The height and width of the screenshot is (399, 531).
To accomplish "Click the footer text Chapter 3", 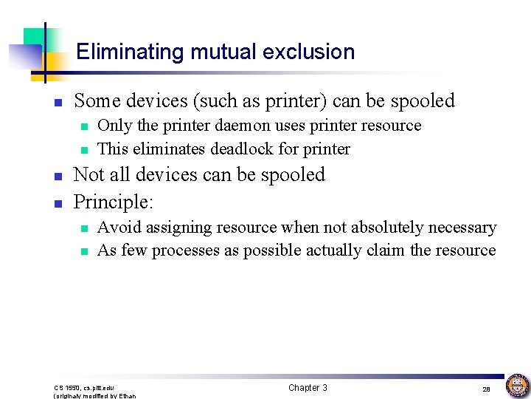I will point(308,388).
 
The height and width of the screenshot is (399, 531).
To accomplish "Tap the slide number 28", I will point(486,389).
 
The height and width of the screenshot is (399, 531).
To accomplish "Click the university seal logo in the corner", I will point(517,385).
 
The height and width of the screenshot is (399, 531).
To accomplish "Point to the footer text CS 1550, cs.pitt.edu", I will point(84,387).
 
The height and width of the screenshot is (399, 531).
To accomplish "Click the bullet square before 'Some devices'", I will point(60,102).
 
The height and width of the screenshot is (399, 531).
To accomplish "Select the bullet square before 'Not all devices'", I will point(60,176).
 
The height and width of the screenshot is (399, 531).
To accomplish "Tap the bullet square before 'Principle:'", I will point(60,202).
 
